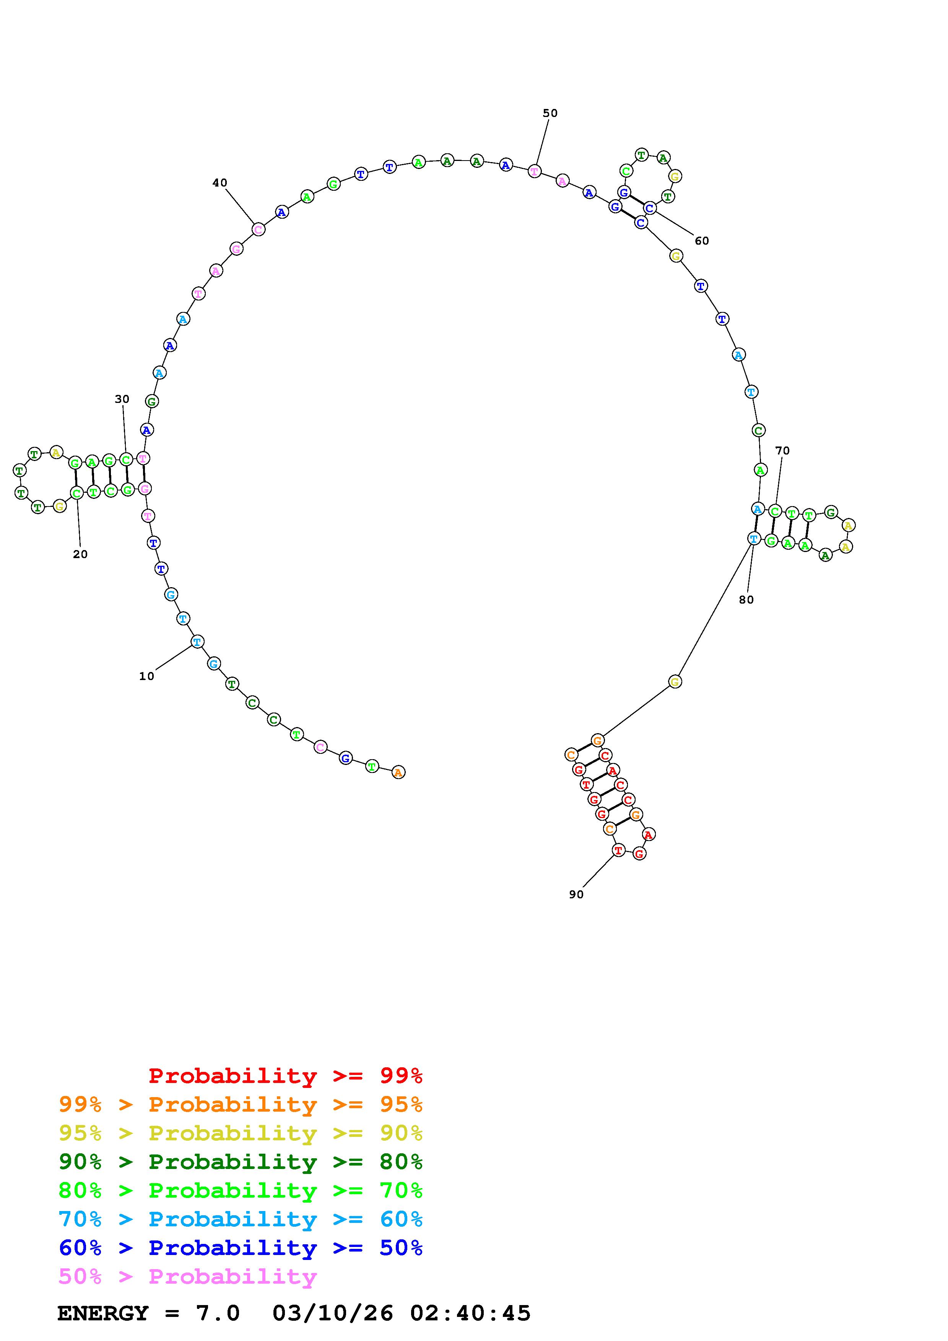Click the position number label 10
tap(146, 676)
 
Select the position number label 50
tap(550, 113)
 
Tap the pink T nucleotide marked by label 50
tap(535, 171)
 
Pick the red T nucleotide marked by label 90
tap(619, 851)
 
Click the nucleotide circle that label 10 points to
tap(197, 642)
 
